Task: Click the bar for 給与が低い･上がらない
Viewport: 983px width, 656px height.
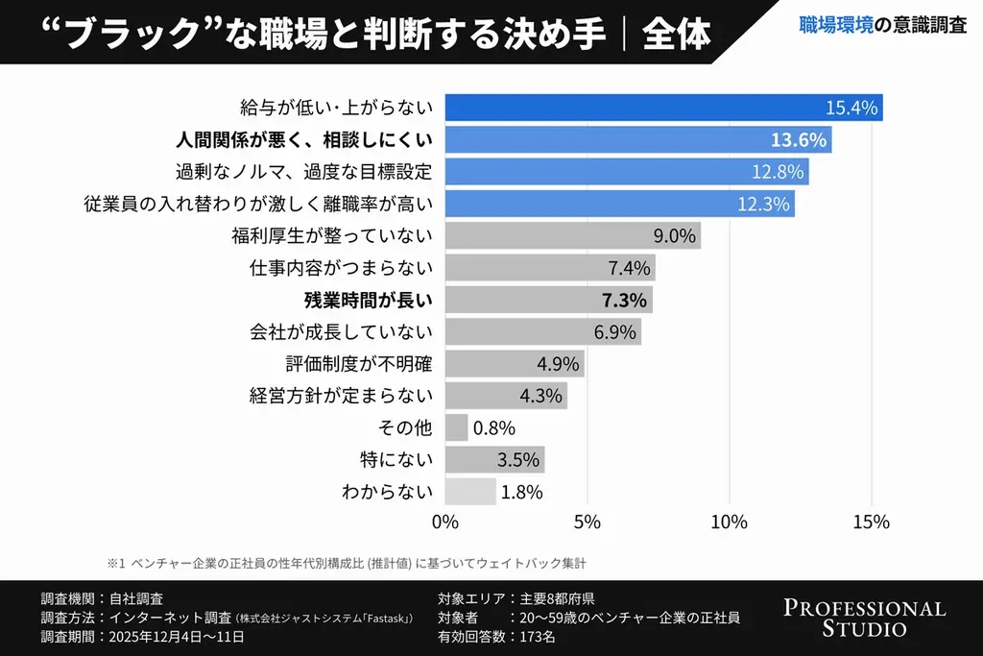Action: tap(662, 108)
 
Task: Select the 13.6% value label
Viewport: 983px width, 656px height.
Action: tap(798, 140)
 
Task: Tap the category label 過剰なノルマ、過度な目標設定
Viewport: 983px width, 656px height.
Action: tap(304, 172)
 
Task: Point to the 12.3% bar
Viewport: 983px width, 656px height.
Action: tap(619, 204)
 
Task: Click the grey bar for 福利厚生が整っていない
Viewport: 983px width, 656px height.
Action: tap(572, 235)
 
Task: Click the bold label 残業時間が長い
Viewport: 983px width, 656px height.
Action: tap(369, 300)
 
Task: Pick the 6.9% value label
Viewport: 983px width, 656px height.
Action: tap(615, 332)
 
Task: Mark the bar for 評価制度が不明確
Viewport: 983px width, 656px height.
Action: tap(515, 364)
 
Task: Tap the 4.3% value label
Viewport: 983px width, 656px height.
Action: tap(540, 396)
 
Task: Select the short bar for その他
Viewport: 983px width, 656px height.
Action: tap(456, 427)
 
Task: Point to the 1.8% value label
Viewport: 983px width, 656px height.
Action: tap(521, 492)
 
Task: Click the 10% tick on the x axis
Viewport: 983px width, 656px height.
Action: tap(730, 522)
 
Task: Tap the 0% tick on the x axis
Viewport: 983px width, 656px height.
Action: tap(444, 522)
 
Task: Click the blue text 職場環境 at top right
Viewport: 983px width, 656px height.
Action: tap(836, 26)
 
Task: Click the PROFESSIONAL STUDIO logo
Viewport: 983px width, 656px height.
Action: tap(864, 619)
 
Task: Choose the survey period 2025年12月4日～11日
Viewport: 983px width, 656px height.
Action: tap(178, 636)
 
